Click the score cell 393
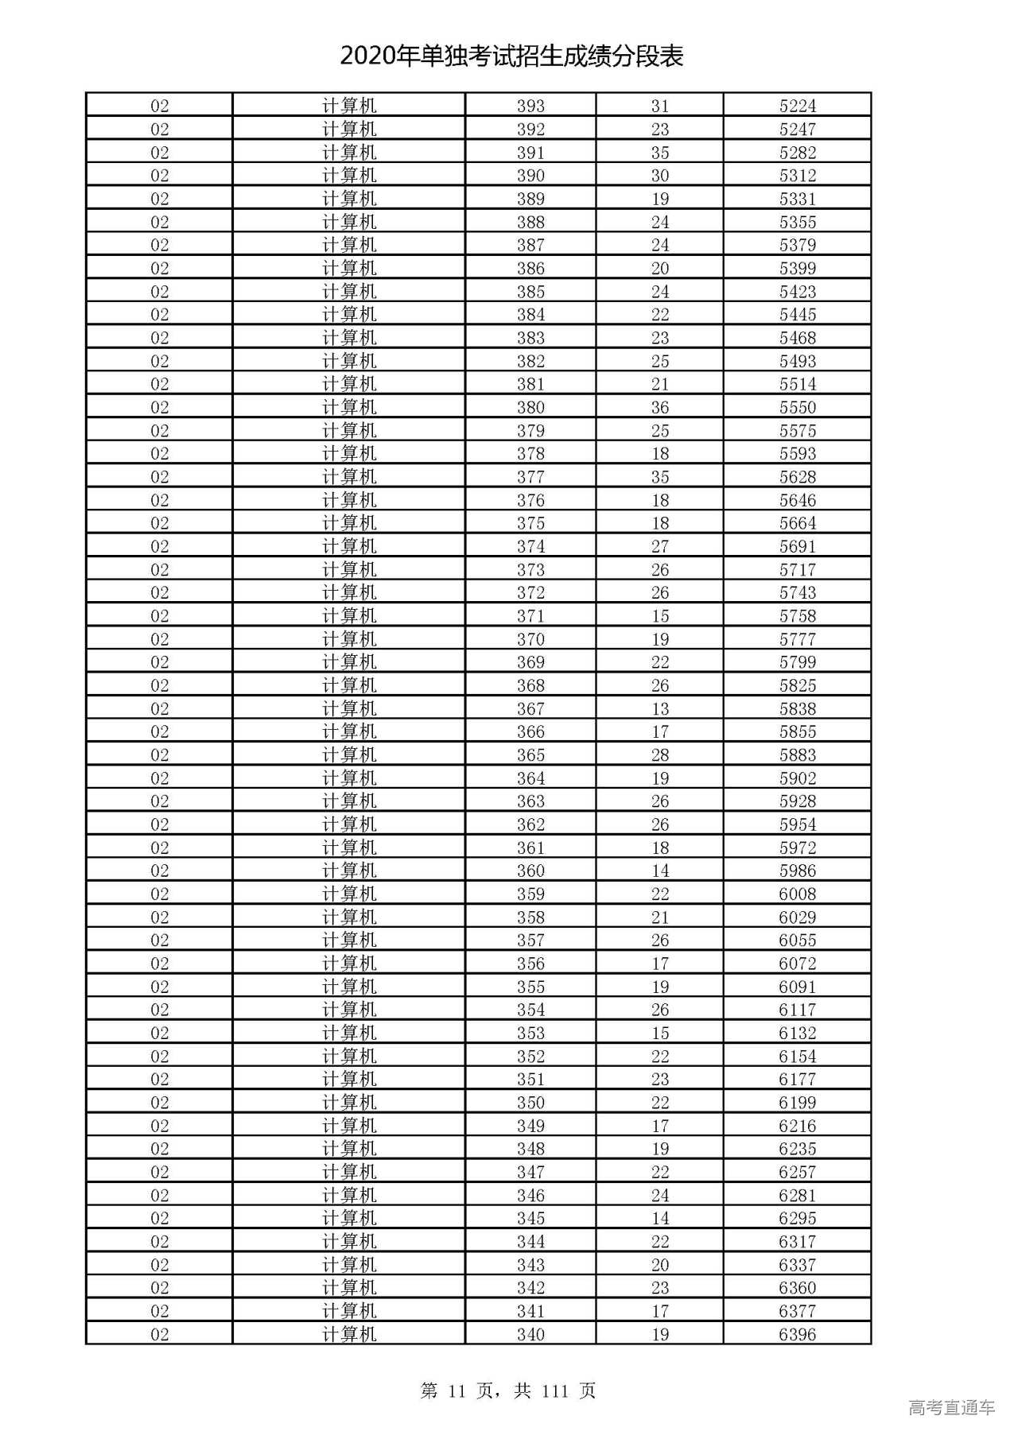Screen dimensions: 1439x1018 point(530,106)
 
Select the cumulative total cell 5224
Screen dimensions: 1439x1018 point(797,106)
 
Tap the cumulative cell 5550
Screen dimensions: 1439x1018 point(797,407)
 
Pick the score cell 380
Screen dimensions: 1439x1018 point(530,407)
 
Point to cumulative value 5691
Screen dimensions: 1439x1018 point(797,546)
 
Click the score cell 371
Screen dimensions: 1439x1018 point(530,616)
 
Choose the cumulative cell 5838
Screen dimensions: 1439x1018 point(797,708)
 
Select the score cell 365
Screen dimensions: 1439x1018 point(530,754)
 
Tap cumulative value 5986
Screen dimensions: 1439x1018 point(797,871)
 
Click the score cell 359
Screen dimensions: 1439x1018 point(530,894)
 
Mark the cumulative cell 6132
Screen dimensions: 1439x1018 point(797,1033)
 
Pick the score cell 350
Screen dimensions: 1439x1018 point(530,1103)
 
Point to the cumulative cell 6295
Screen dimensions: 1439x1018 point(797,1218)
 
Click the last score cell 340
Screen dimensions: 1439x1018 point(530,1334)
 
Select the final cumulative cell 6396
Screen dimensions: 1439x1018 point(797,1334)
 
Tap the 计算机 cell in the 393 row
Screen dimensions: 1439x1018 point(349,106)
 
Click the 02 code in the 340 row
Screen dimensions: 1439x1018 point(159,1334)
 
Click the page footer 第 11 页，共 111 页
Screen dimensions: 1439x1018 point(508,1390)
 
